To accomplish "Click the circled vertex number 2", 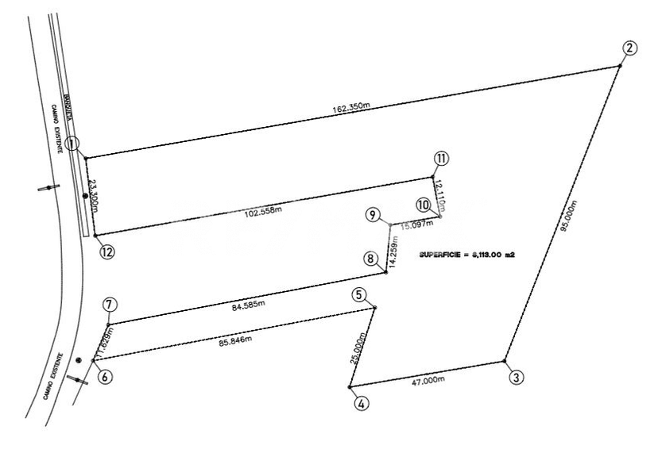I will [629, 47].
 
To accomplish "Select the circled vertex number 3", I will [517, 378].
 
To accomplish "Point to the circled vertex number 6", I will [105, 377].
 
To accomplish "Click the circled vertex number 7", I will [110, 305].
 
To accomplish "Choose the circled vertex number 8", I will [369, 258].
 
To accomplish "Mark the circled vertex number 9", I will [373, 215].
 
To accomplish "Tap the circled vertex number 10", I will [424, 205].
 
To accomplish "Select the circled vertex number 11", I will [442, 158].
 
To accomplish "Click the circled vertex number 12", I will [107, 251].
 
